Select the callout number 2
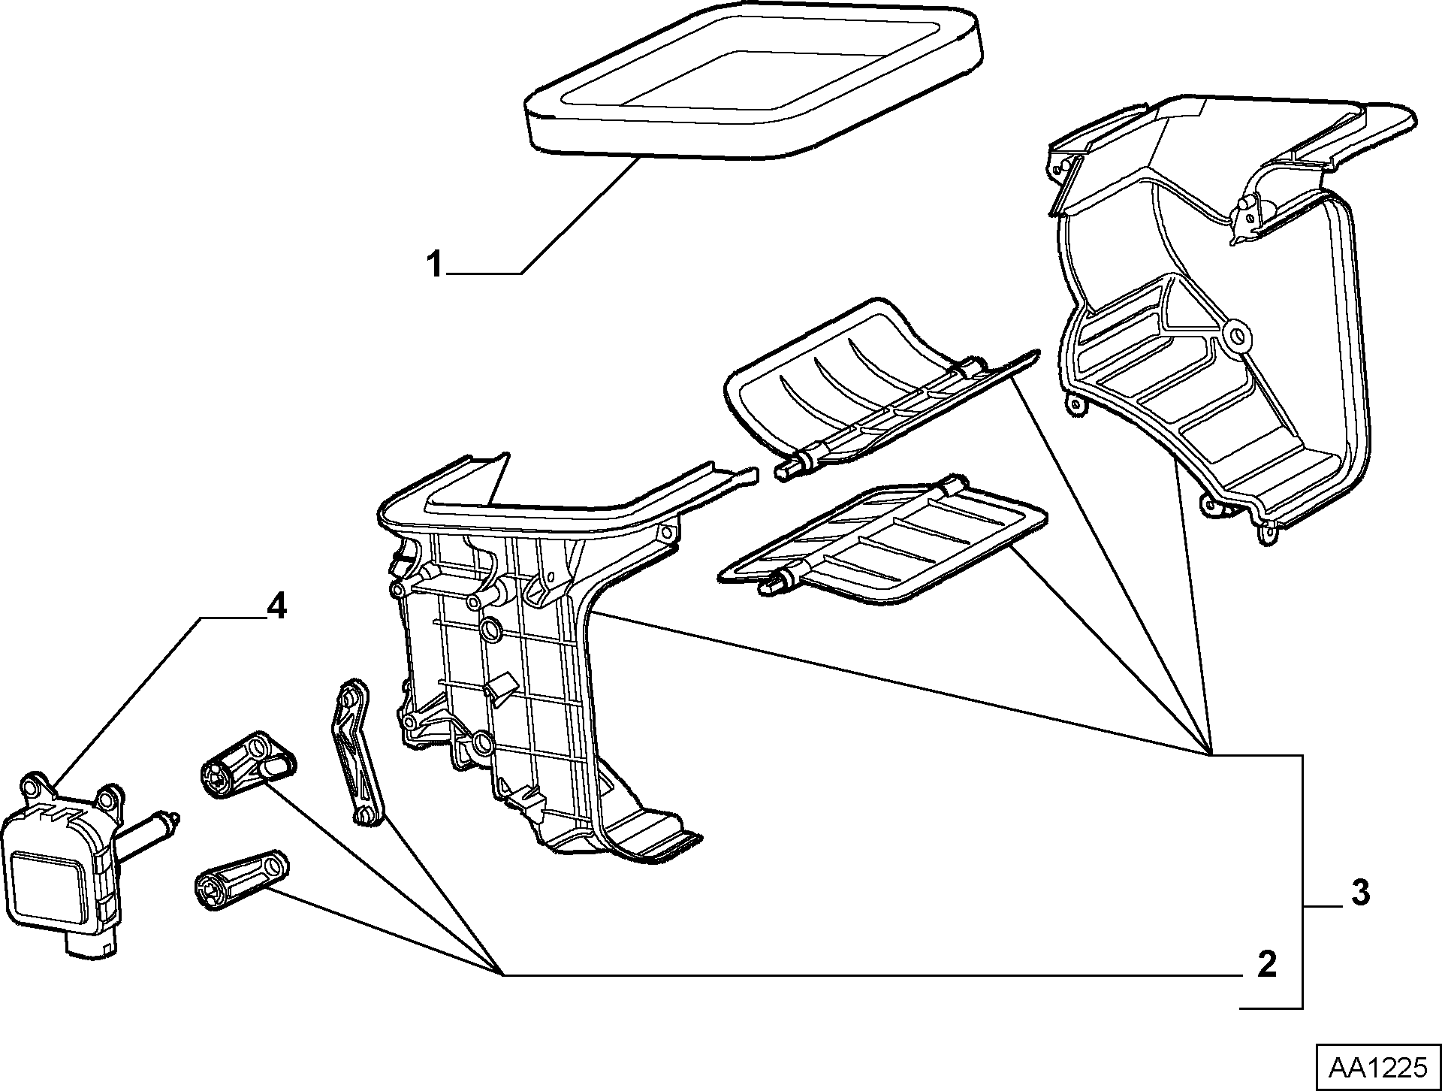[x=1266, y=965]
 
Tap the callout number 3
[x=1360, y=893]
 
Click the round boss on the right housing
[x=1235, y=336]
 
